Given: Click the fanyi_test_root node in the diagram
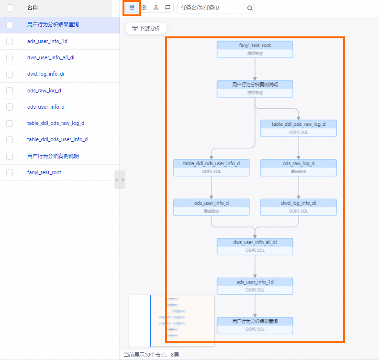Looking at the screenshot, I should [255, 49].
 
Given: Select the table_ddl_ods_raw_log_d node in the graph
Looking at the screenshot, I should [298, 128].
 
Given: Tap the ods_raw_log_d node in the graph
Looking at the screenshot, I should [298, 168].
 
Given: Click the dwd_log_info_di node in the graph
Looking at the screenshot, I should [298, 207].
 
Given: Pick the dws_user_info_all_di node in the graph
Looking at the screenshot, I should [255, 246].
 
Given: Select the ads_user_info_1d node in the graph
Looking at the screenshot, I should [255, 286].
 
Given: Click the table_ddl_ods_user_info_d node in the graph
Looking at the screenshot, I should [211, 168].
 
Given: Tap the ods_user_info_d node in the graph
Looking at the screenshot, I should [211, 207].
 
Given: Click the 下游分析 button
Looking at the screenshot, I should [146, 29].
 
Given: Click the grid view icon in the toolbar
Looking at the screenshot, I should [132, 8].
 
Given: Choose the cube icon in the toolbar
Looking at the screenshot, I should [144, 8].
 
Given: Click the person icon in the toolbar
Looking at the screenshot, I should [156, 8].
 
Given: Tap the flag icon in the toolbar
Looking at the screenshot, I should [167, 8].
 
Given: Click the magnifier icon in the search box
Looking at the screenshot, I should [249, 8].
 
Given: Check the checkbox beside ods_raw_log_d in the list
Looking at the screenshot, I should [10, 90].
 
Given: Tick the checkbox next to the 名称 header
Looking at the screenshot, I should [10, 8].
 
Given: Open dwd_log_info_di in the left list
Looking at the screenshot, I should [45, 74].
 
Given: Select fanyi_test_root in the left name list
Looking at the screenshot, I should [44, 172].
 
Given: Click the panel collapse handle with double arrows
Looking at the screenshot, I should [120, 180].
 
